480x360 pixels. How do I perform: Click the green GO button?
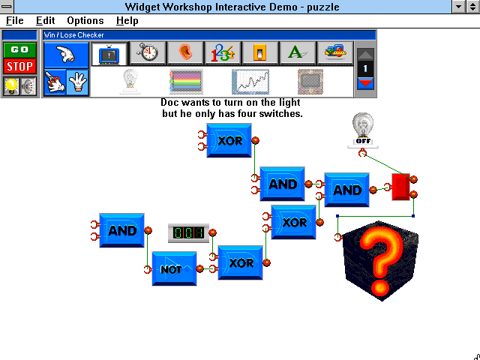(19, 50)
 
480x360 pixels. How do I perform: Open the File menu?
(15, 20)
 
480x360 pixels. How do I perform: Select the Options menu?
(85, 20)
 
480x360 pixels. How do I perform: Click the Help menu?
(127, 20)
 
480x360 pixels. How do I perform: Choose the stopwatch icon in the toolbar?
(148, 53)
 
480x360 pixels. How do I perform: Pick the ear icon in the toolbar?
(185, 53)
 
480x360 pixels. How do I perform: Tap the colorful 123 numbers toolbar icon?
(223, 53)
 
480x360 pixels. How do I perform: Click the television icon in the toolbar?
(109, 54)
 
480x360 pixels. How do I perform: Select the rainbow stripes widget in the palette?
(186, 82)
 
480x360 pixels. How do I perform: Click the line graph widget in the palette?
(250, 82)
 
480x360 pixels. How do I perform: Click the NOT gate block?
(175, 268)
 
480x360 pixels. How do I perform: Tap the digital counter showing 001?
(188, 233)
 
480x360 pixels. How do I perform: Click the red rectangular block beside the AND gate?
(401, 187)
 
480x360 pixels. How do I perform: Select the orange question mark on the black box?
(380, 262)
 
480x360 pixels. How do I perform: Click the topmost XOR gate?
(229, 140)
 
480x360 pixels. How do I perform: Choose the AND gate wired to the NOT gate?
(121, 230)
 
